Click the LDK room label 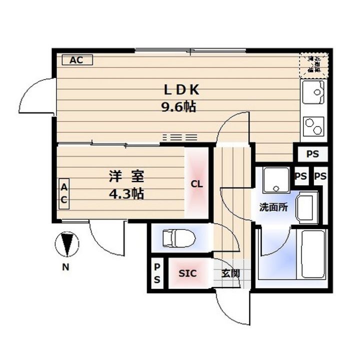[183, 90]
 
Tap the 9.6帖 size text [177, 106]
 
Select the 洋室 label [127, 176]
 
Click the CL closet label [197, 184]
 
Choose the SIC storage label [187, 273]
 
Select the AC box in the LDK [76, 60]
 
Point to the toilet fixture [175, 238]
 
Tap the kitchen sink [313, 93]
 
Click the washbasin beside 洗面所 [304, 207]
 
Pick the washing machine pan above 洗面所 [273, 179]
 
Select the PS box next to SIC [157, 274]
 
